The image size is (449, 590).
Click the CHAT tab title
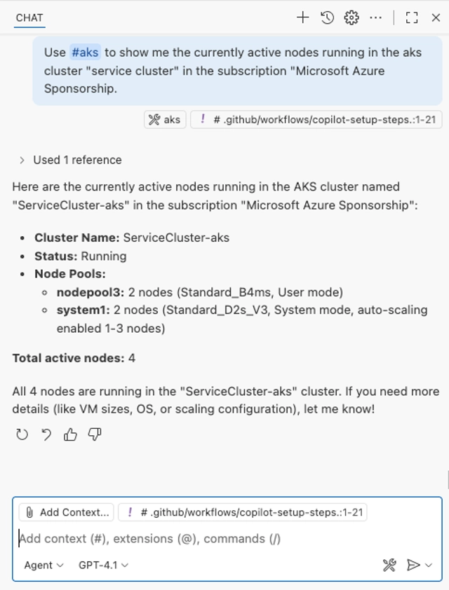pyautogui.click(x=29, y=18)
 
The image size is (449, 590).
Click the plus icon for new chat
pyautogui.click(x=302, y=18)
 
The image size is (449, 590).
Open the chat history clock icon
pyautogui.click(x=327, y=18)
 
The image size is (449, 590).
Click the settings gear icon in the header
pyautogui.click(x=351, y=18)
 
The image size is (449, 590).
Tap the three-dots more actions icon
pyautogui.click(x=376, y=18)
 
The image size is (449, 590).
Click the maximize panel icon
pyautogui.click(x=413, y=18)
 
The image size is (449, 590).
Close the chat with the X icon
pyautogui.click(x=436, y=18)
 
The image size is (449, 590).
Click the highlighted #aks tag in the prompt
pyautogui.click(x=85, y=53)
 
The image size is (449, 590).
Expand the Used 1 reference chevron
pyautogui.click(x=22, y=160)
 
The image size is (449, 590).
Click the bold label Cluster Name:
pyautogui.click(x=77, y=238)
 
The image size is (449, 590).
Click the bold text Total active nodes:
pyautogui.click(x=68, y=358)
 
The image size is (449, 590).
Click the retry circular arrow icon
pyautogui.click(x=22, y=435)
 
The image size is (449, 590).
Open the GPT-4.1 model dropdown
pyautogui.click(x=104, y=565)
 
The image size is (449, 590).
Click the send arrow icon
pyautogui.click(x=414, y=565)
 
